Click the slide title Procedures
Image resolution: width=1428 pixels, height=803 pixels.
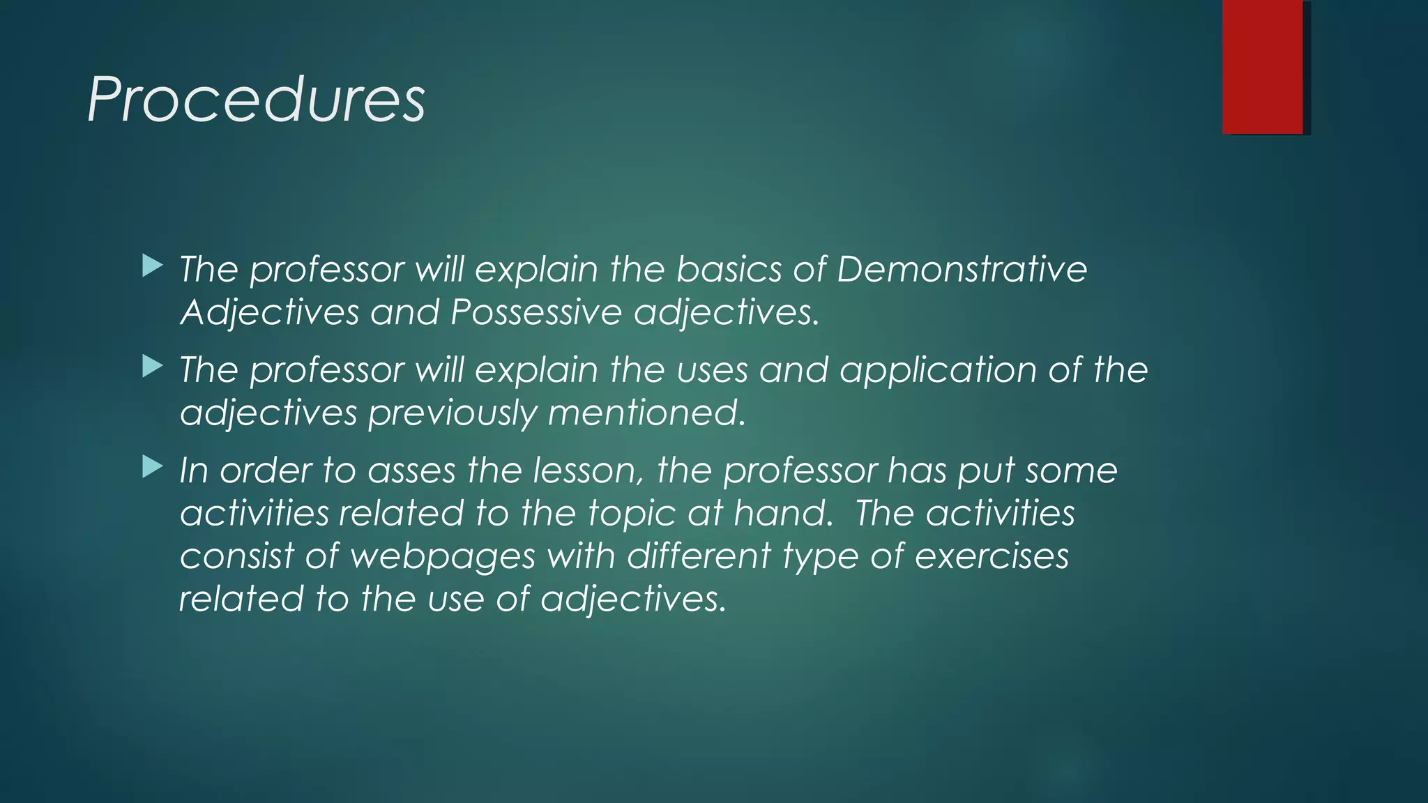pos(256,100)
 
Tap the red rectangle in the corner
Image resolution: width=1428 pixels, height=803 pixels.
pos(1262,67)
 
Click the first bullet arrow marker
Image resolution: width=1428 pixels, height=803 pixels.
pos(152,266)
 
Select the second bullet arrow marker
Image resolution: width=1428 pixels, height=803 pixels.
pos(152,366)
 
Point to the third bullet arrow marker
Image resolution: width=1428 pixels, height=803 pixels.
pos(152,466)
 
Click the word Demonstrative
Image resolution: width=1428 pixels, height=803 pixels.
pos(962,269)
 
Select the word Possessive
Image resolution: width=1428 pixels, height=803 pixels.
pos(535,312)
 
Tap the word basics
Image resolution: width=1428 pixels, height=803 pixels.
pos(729,269)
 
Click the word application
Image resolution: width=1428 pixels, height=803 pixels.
pos(938,370)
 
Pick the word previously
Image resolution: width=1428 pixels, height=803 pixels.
pos(452,413)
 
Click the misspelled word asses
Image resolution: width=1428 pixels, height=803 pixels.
pos(411,471)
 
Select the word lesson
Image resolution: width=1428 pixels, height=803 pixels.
pos(588,471)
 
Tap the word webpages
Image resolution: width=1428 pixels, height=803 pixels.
pos(442,557)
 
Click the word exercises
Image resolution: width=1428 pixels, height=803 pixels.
pos(991,556)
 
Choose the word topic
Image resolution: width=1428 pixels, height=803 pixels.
pos(631,514)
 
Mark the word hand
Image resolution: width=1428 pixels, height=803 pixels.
pos(783,514)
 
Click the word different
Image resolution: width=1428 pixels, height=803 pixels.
pos(698,556)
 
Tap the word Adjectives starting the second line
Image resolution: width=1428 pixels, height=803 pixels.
pos(269,312)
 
